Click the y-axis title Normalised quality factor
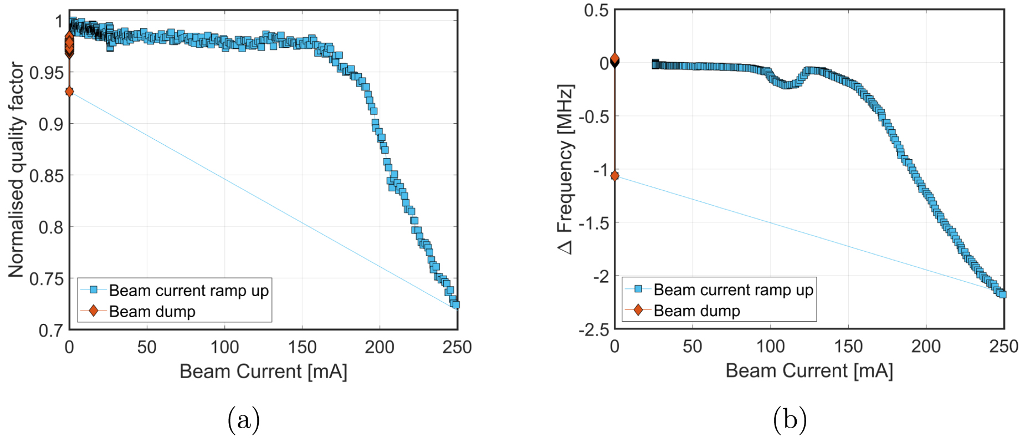pos(17,169)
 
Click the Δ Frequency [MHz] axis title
pos(565,169)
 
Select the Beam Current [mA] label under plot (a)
pos(263,371)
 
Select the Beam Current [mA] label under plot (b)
pos(809,370)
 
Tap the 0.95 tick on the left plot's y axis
pos(47,73)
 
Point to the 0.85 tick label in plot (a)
pos(47,176)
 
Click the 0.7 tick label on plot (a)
pos(50,331)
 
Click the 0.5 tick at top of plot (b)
pos(596,11)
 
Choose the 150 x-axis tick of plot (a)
pos(302,348)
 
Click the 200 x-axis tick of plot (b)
pos(926,347)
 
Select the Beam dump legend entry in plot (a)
pos(152,311)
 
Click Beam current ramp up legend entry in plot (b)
pos(732,289)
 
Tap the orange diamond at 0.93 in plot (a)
pos(69,92)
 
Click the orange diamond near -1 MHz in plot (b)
pos(614,176)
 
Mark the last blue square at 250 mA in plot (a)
pos(455,304)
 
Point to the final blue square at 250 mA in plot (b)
pos(1002,294)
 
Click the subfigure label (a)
pos(243,420)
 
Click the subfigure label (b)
pos(790,420)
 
